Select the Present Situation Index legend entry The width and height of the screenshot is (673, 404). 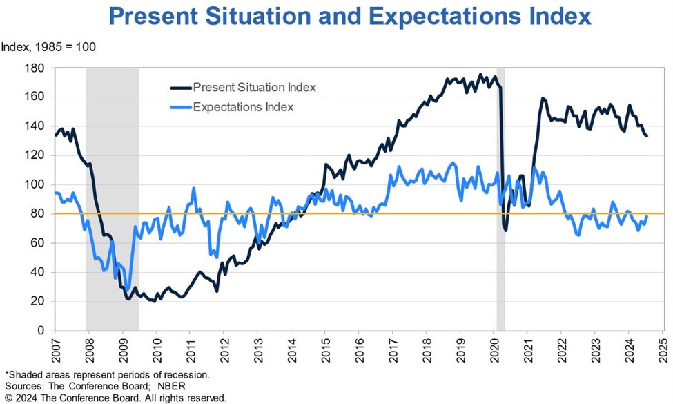tap(254, 87)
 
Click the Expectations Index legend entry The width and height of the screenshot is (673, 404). tap(244, 107)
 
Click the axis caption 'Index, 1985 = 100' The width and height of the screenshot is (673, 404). tap(48, 48)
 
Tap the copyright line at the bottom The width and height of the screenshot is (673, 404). tap(114, 398)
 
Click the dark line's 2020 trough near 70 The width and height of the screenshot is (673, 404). tap(505, 229)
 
